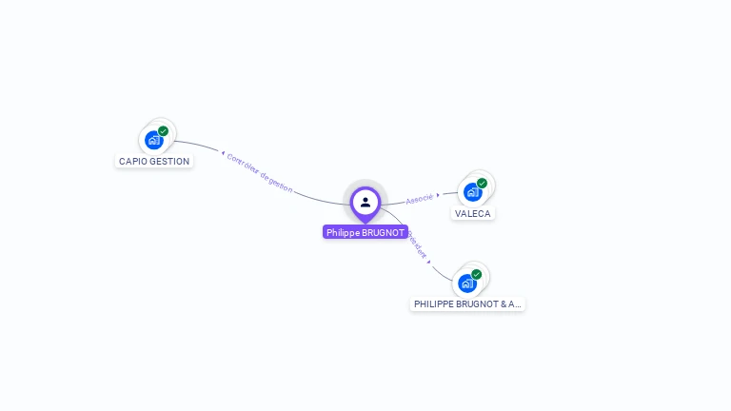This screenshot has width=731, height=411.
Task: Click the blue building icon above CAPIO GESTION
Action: [x=154, y=140]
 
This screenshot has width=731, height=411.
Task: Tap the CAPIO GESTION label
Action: [x=154, y=162]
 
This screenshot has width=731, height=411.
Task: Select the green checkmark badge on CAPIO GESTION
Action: [x=164, y=131]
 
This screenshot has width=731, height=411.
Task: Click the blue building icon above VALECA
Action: [x=473, y=192]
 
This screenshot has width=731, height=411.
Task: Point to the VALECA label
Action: [x=473, y=213]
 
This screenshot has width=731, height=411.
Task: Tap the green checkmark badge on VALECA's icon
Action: [x=483, y=183]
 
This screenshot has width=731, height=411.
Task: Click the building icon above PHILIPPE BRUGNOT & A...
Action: [x=467, y=283]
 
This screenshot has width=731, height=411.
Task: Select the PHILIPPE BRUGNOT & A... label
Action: [x=467, y=304]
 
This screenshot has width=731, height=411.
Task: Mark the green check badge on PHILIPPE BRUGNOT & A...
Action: [x=477, y=274]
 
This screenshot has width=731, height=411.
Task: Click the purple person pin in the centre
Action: [x=365, y=202]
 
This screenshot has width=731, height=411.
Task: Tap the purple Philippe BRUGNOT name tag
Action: [x=365, y=232]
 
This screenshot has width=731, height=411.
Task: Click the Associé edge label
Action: [x=419, y=198]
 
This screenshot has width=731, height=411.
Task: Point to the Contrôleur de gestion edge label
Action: [x=260, y=171]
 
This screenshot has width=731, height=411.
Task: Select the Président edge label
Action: [x=417, y=245]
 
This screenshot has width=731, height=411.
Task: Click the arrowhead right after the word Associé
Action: [x=439, y=195]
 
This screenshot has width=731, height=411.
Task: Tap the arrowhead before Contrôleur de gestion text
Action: [x=223, y=153]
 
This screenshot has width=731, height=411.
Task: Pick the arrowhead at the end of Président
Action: [x=429, y=261]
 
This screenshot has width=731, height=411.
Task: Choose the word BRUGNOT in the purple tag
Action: [x=385, y=232]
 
